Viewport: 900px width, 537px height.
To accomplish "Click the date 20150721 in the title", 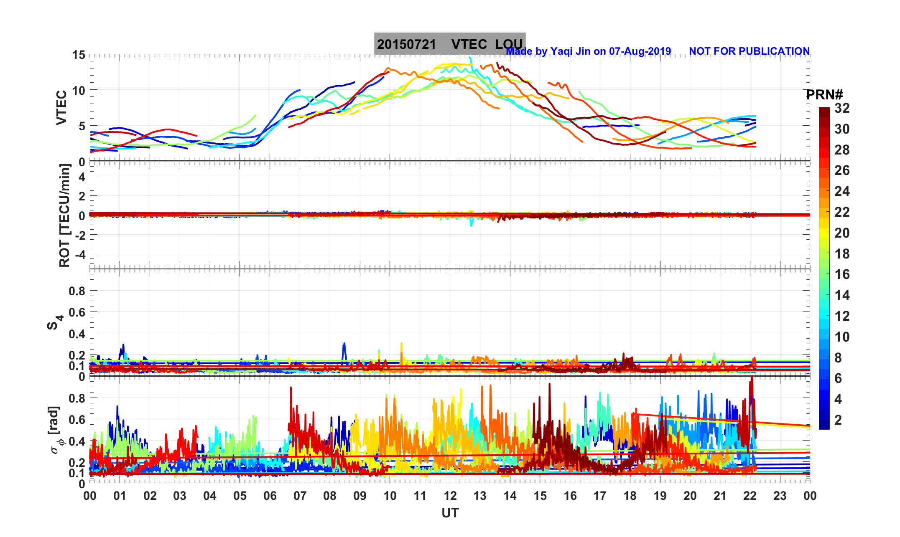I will point(406,44).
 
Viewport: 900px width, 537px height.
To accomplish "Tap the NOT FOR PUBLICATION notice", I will point(749,51).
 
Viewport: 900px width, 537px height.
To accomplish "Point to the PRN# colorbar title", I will point(824,95).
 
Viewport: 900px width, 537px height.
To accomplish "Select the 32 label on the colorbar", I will point(842,108).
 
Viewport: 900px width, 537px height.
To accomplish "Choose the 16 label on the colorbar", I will point(842,274).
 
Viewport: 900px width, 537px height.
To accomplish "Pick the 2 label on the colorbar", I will point(838,420).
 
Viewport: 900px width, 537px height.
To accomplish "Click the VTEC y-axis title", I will point(61,107).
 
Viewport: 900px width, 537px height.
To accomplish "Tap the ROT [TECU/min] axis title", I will point(64,215).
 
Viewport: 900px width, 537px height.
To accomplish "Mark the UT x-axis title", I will point(450,513).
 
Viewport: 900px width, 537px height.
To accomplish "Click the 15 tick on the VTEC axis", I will point(78,55).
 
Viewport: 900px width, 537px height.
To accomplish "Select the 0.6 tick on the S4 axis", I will point(77,312).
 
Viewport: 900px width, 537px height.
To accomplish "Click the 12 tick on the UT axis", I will point(450,496).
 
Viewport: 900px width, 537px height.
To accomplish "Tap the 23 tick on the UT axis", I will point(780,496).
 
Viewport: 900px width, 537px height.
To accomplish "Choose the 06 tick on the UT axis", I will point(270,496).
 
